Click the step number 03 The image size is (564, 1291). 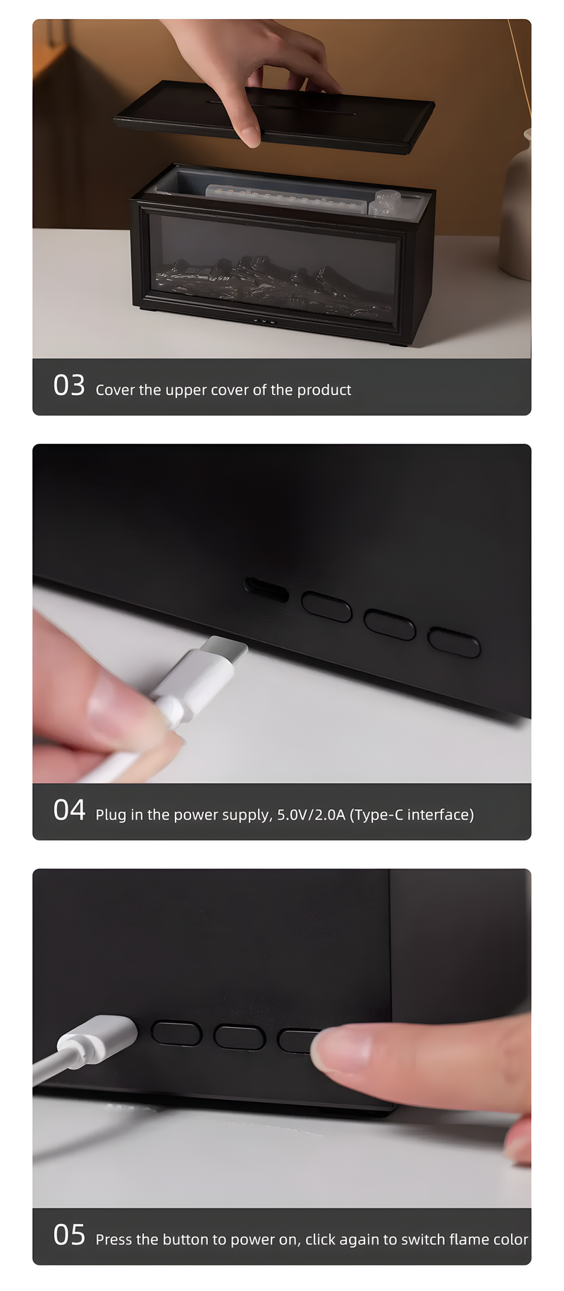coord(69,386)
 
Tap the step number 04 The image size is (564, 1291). coord(69,811)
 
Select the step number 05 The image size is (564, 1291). coord(69,1235)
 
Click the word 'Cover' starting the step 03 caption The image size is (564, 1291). coord(115,390)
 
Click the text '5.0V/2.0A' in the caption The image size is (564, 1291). coord(311,815)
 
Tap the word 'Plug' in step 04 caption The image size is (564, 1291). coord(110,816)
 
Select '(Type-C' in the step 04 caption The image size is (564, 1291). coord(376,815)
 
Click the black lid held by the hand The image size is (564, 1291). coord(274,116)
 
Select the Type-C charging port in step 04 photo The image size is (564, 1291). coord(266,589)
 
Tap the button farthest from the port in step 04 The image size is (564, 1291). coord(454,642)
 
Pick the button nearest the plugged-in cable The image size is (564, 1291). coord(176,1033)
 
